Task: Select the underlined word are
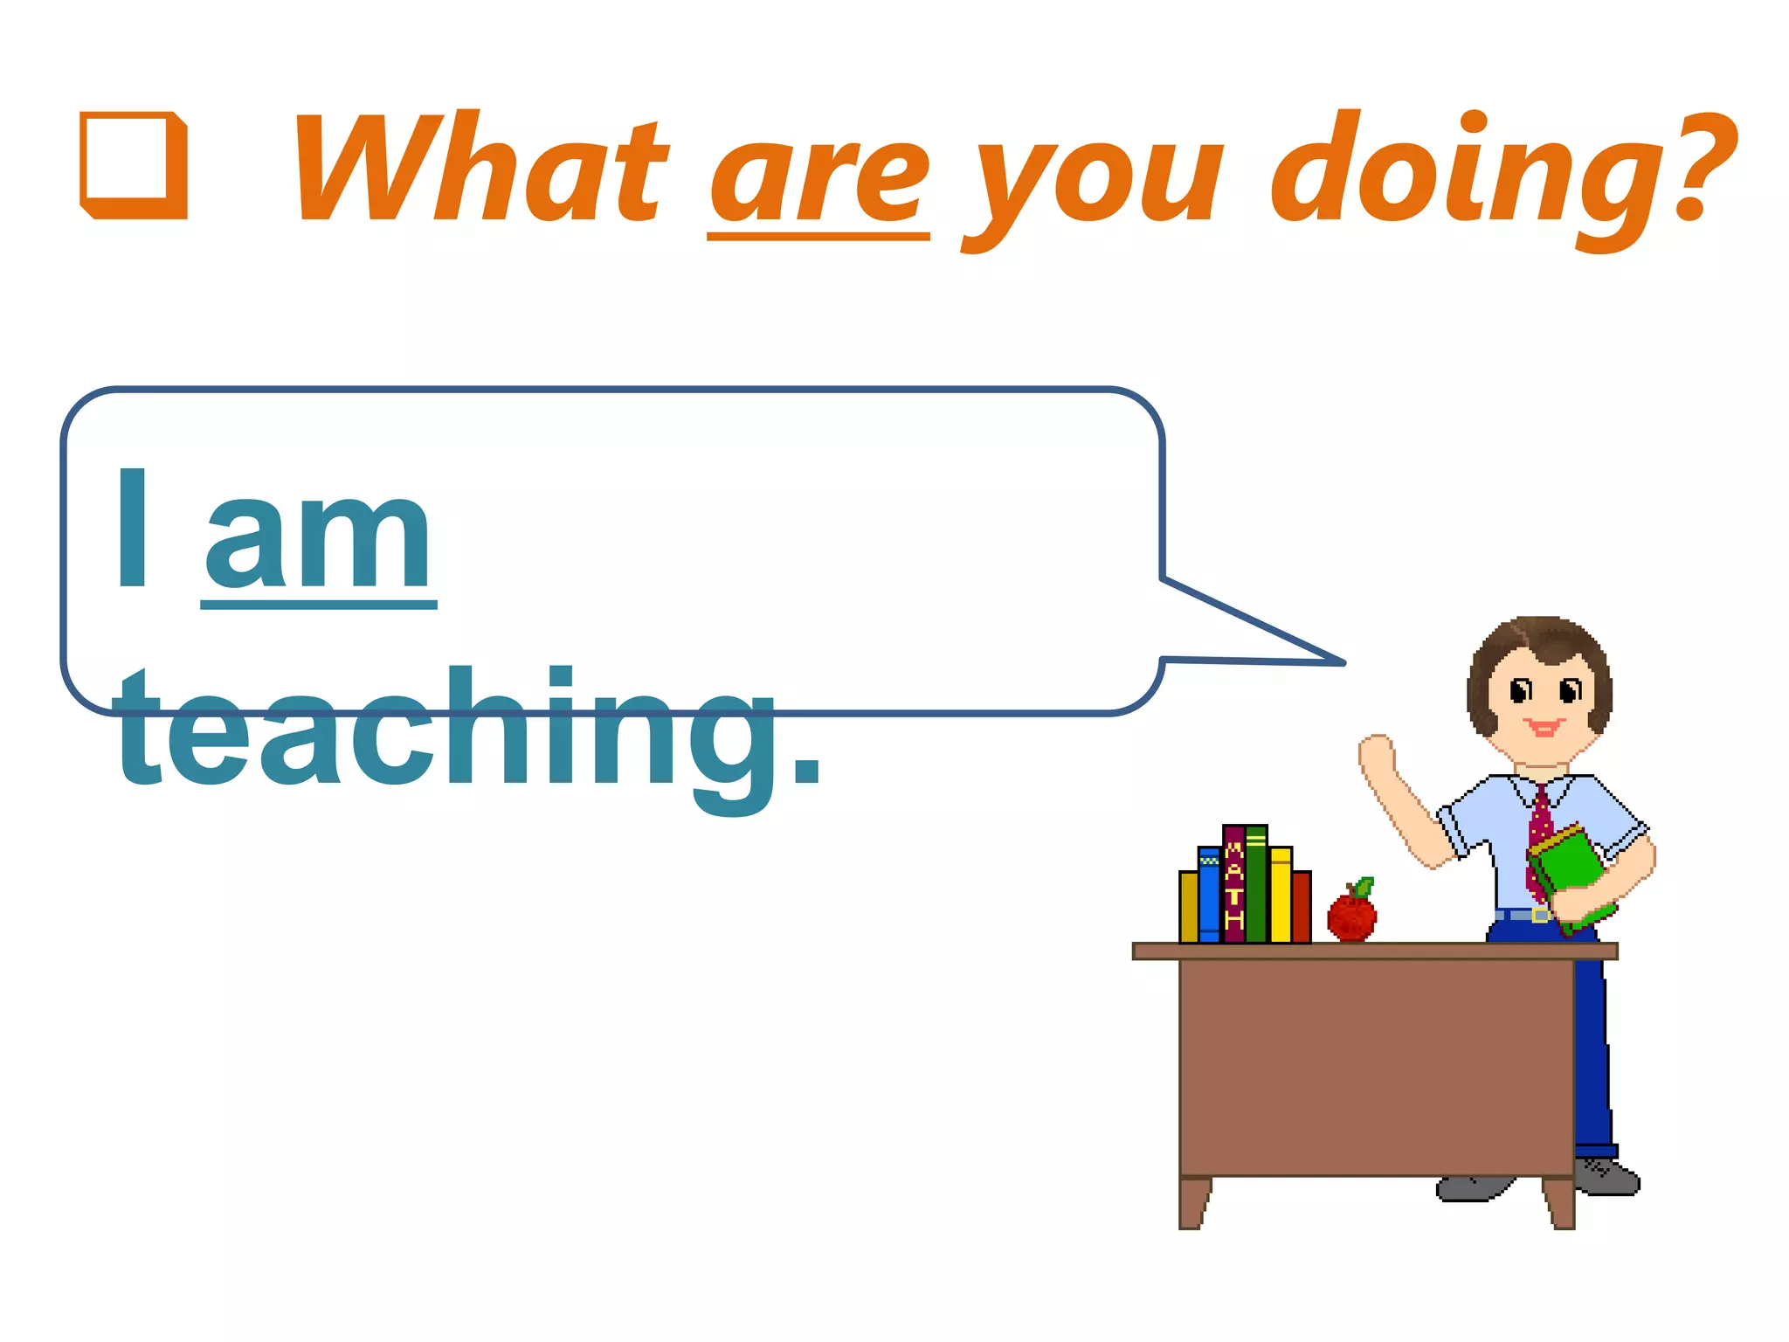coord(819,179)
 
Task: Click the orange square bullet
coord(134,165)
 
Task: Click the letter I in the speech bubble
coord(132,529)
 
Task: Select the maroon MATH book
coord(1233,884)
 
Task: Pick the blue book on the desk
coord(1209,895)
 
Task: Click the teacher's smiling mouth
coord(1544,727)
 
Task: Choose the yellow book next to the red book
coord(1280,895)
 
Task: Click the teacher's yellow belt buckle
coord(1541,915)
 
